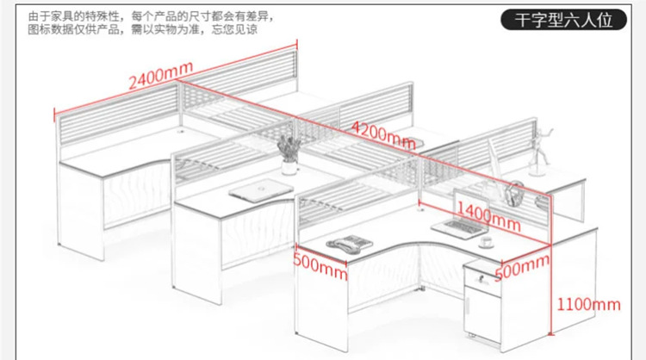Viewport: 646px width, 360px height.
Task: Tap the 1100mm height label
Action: (x=588, y=302)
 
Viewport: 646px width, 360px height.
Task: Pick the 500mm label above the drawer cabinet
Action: (x=523, y=269)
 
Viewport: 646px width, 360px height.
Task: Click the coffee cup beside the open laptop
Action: (x=487, y=242)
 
